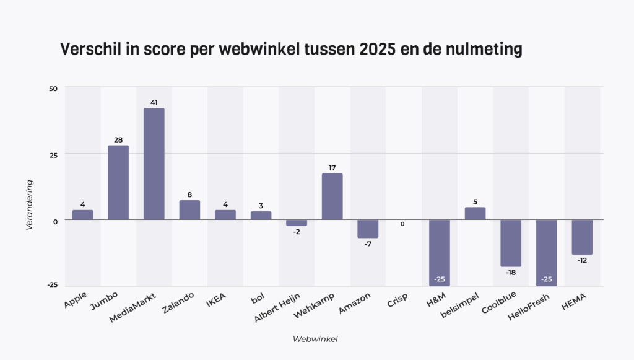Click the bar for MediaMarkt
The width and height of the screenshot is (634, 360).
pos(154,164)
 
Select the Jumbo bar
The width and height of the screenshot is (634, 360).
pos(118,182)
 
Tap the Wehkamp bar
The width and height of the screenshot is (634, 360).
pos(332,196)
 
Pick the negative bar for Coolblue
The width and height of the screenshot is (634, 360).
pos(511,243)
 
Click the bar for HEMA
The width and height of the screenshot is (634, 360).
pos(582,237)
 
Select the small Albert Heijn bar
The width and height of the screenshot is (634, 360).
pos(297,222)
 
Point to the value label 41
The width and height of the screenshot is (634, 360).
pos(154,101)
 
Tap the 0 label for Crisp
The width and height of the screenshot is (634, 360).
pos(402,224)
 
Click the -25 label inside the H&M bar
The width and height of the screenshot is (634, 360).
pos(440,279)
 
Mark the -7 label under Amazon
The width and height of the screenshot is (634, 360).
pos(368,244)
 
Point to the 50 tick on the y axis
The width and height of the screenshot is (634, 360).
pos(53,89)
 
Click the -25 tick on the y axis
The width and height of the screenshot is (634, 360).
pos(52,285)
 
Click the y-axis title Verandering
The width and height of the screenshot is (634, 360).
pos(29,205)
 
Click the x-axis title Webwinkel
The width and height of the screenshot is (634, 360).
pos(315,339)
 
